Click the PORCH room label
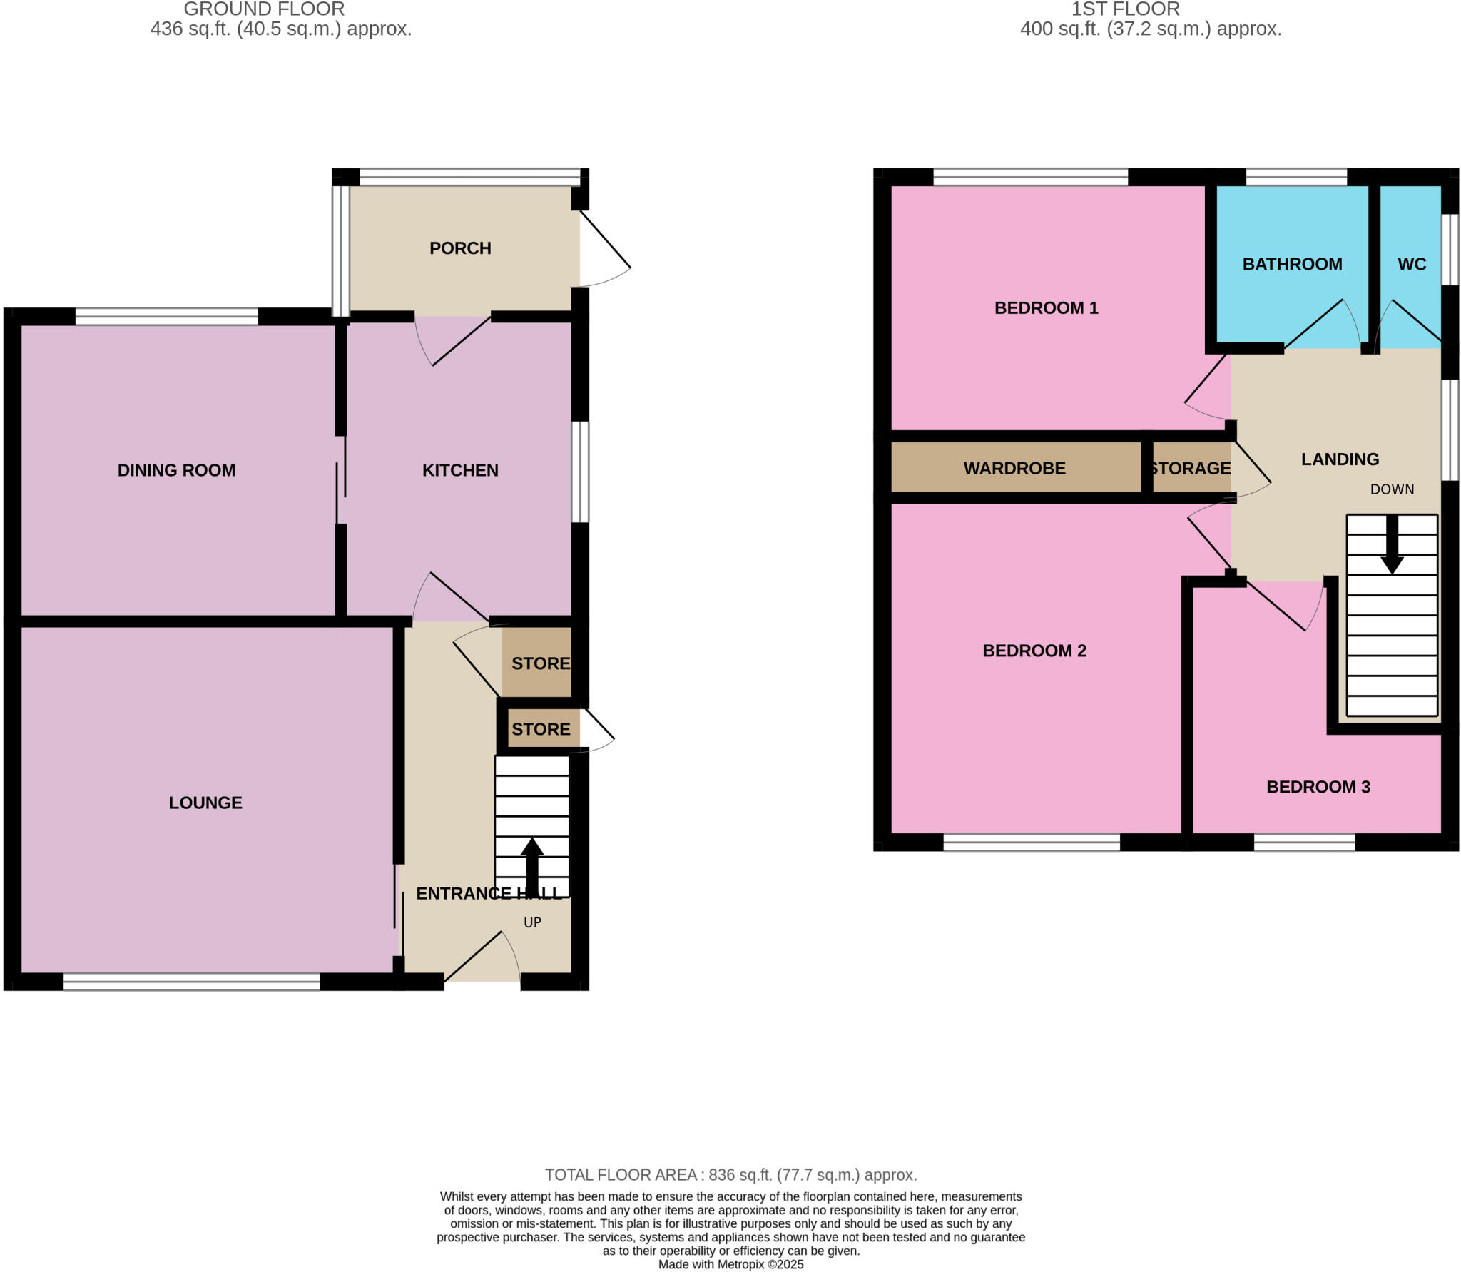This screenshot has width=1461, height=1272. click(x=460, y=248)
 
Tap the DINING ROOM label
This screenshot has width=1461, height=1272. click(x=176, y=470)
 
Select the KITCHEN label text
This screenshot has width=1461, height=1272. click(x=460, y=470)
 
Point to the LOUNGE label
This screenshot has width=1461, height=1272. click(x=205, y=803)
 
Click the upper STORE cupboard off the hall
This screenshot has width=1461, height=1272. click(x=540, y=663)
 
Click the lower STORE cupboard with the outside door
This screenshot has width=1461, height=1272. click(x=540, y=729)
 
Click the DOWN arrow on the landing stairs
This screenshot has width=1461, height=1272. click(x=1392, y=546)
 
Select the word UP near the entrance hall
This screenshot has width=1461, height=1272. click(x=532, y=922)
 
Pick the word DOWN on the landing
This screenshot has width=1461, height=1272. click(x=1392, y=489)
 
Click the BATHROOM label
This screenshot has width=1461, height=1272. click(x=1292, y=264)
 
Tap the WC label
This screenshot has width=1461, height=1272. click(x=1411, y=264)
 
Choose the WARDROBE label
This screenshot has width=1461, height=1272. click(x=1014, y=468)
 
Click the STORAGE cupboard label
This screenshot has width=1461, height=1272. click(x=1191, y=468)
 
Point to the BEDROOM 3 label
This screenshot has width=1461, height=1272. click(x=1318, y=787)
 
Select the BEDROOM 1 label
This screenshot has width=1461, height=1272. click(x=1046, y=308)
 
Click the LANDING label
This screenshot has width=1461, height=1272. click(x=1340, y=459)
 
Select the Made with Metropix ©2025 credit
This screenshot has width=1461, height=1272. click(x=730, y=1265)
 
